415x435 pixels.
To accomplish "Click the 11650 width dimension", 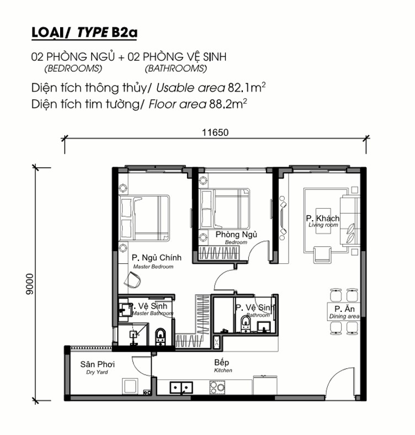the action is click(215, 132).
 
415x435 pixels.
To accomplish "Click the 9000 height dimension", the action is click(29, 284).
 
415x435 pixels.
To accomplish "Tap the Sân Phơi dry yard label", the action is click(97, 367).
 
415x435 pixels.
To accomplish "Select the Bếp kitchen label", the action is click(223, 365).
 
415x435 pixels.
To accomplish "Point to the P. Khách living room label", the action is click(323, 221).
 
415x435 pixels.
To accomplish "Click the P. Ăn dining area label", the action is click(344, 312).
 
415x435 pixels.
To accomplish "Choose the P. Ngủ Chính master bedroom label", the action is click(157, 262).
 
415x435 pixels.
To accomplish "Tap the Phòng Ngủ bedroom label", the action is click(236, 237).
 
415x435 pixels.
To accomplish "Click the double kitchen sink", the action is click(182, 388).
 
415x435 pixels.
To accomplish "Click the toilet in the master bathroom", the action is click(160, 336).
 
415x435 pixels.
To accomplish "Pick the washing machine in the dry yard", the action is click(130, 386).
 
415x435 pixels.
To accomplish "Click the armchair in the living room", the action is click(322, 254).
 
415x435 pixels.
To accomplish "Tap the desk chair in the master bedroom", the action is click(132, 280).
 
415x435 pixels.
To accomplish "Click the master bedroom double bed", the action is click(144, 218).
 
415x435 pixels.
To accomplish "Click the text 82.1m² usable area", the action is click(247, 88).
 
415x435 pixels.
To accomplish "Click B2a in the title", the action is click(124, 33).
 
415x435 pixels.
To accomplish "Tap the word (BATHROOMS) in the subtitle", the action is click(176, 68).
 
